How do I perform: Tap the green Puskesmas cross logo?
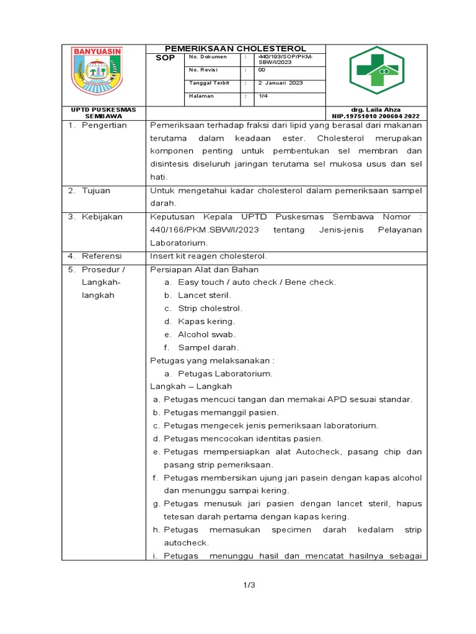(x=376, y=70)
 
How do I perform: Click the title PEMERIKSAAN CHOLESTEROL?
(x=235, y=48)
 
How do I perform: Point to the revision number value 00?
(x=262, y=70)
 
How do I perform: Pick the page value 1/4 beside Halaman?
(x=262, y=96)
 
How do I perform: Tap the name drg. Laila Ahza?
(x=376, y=110)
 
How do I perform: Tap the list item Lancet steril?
(x=204, y=295)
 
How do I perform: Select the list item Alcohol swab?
(x=206, y=334)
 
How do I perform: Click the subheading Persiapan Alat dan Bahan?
(x=205, y=269)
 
